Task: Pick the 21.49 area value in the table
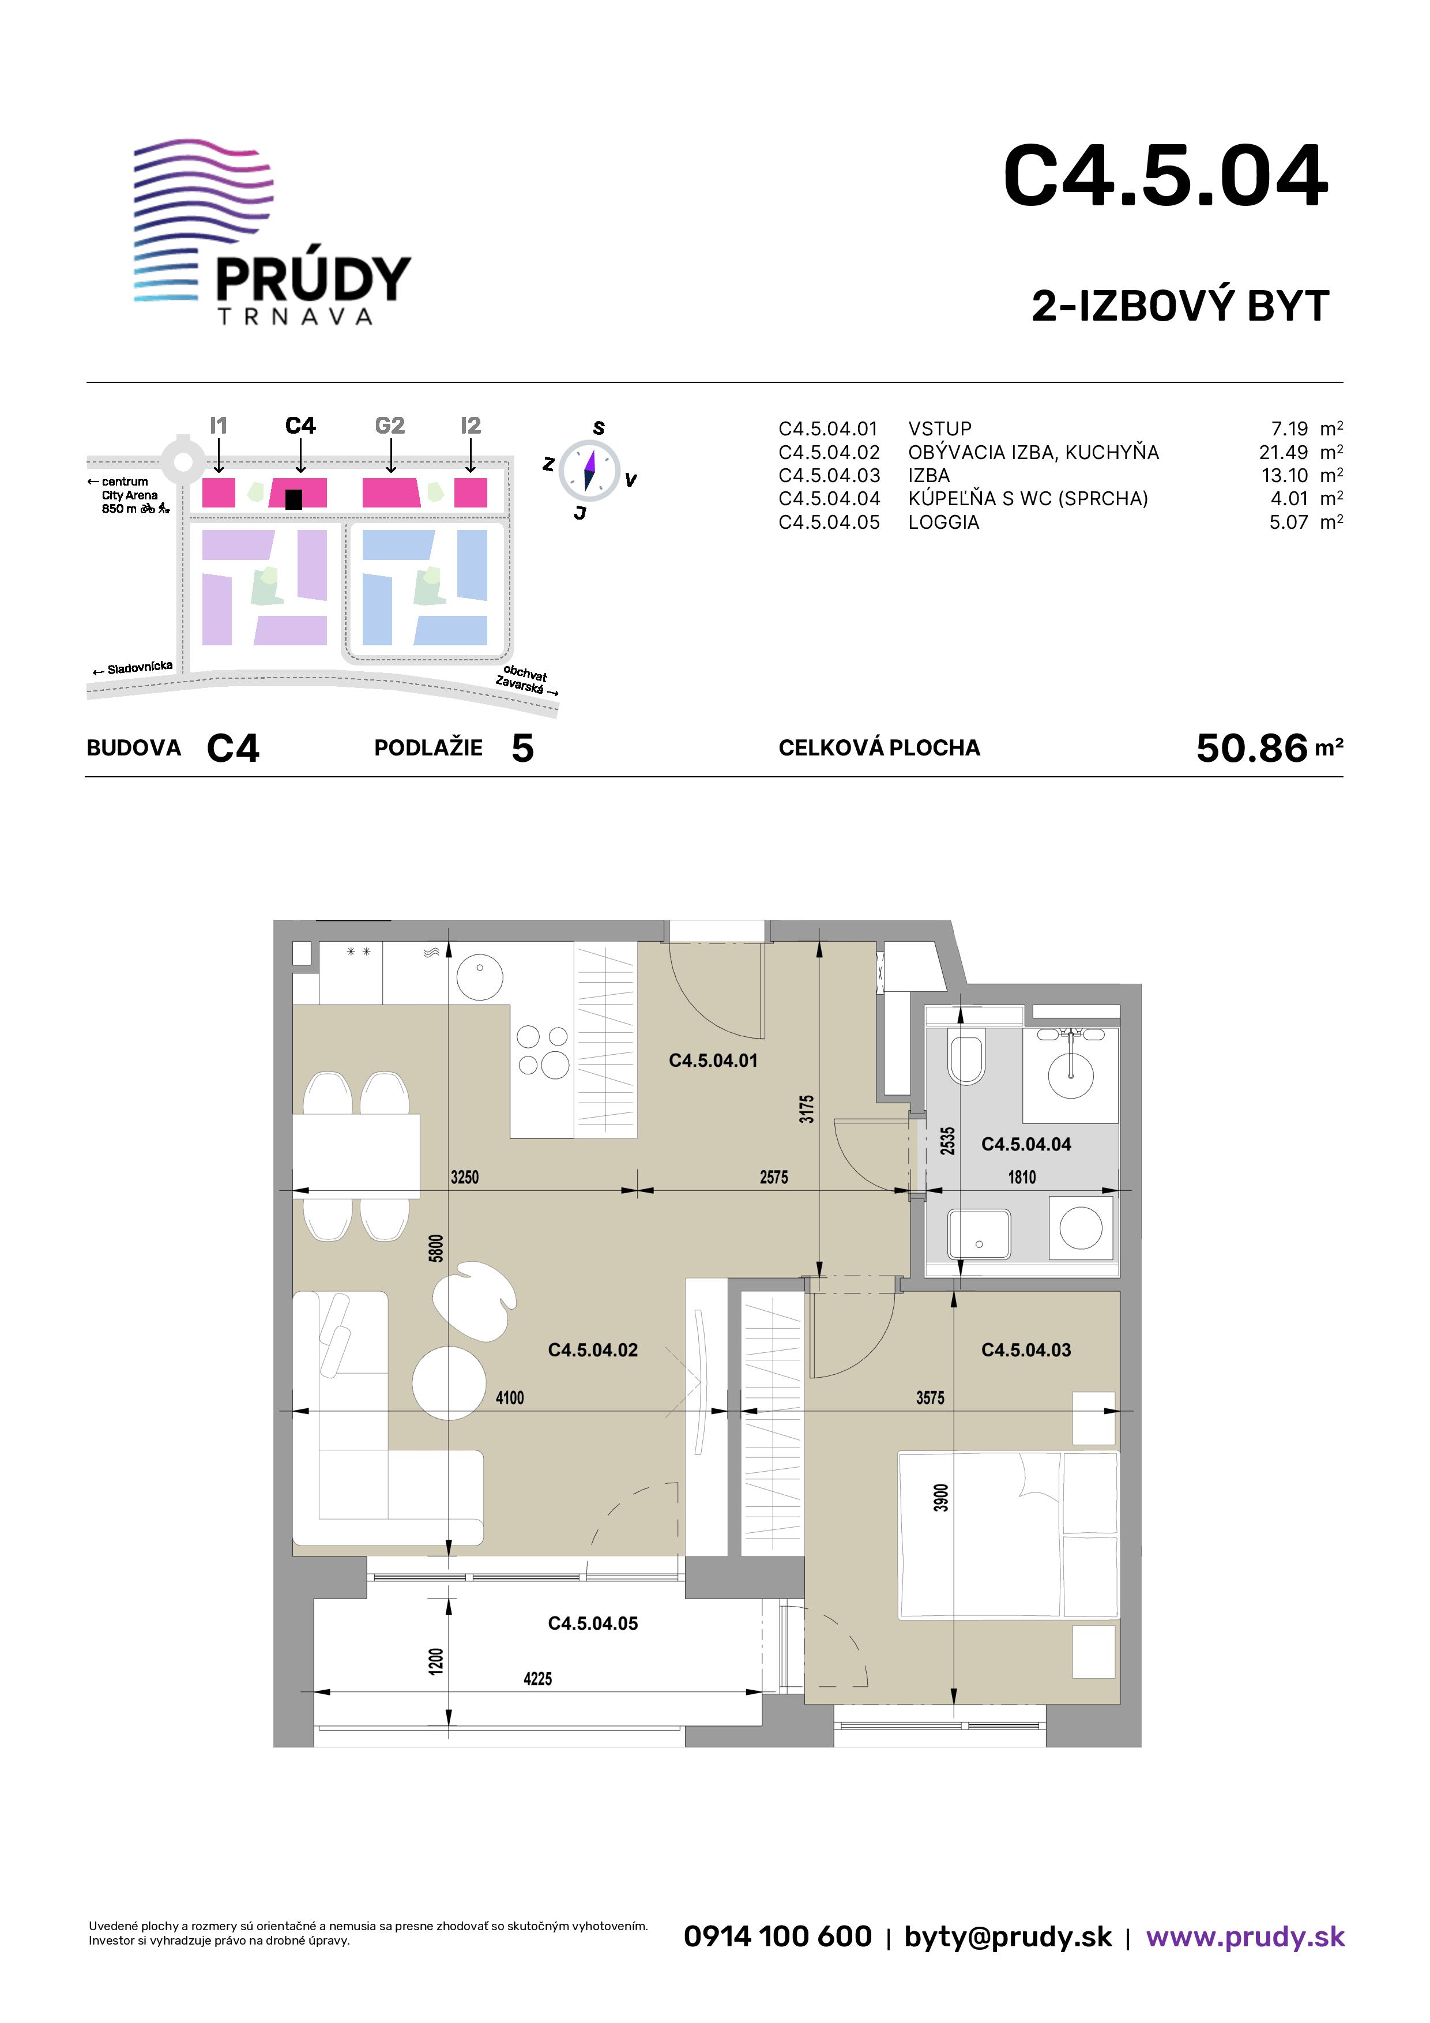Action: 1284,452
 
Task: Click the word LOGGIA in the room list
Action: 944,522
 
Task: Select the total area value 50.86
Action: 1252,748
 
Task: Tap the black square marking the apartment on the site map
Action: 294,499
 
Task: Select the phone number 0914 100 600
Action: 778,1936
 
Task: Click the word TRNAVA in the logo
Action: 295,317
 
